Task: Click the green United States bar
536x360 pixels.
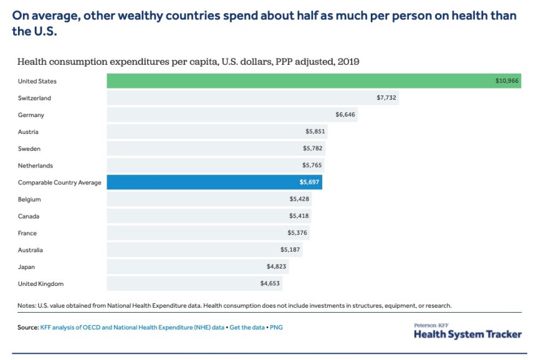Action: [312, 81]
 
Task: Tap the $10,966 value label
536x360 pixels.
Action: [507, 81]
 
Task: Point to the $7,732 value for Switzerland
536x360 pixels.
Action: [386, 98]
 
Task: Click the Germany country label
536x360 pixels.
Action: [31, 115]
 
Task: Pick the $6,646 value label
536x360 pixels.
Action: [345, 115]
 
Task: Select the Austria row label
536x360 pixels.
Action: [28, 132]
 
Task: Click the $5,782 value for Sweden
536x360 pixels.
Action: [313, 149]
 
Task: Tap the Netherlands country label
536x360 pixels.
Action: [36, 166]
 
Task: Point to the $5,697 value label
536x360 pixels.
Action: [310, 182]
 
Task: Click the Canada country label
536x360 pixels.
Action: [29, 216]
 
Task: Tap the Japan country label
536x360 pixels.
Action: [27, 267]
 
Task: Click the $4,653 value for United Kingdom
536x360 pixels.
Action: [270, 283]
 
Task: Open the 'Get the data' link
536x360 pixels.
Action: [247, 327]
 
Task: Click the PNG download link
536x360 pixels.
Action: [276, 327]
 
